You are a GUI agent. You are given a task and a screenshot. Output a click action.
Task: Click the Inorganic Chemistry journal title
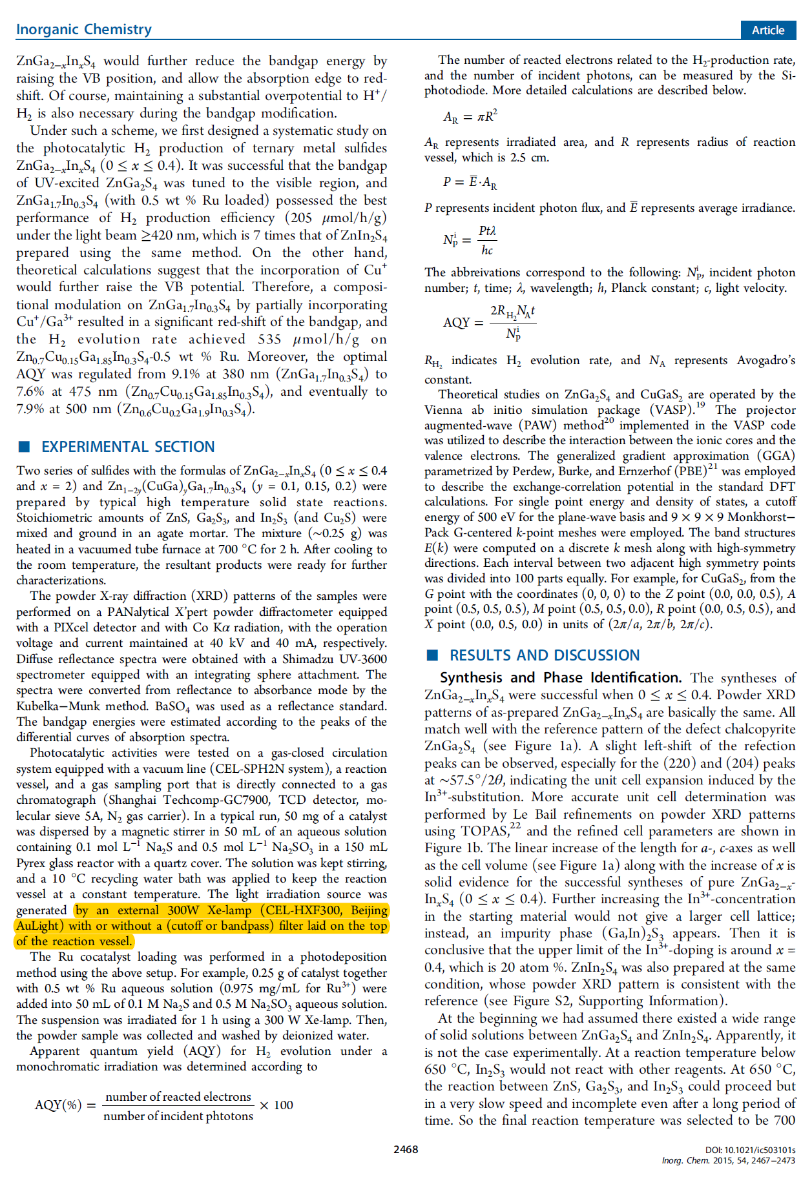tap(84, 29)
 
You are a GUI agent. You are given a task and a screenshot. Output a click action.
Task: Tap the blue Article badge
tap(767, 30)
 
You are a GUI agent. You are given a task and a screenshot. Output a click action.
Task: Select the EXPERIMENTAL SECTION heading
tap(128, 447)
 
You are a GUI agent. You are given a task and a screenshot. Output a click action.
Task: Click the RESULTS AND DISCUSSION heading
tap(545, 655)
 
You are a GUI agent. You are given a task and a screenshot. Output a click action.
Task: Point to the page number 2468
tap(406, 1149)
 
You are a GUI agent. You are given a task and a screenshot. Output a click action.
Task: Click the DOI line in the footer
tap(751, 1150)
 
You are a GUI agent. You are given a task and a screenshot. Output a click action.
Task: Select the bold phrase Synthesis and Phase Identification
tap(560, 677)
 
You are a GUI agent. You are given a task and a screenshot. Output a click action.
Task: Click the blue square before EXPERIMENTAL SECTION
tap(25, 447)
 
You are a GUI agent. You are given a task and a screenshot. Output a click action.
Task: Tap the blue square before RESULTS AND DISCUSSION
tap(433, 655)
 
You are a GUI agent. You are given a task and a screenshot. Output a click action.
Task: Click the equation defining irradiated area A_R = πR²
tap(470, 117)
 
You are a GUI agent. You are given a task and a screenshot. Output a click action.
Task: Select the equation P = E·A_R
tap(470, 183)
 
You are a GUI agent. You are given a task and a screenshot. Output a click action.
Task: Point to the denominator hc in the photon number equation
tap(487, 251)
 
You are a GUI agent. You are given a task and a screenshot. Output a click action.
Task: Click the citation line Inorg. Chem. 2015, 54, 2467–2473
tap(729, 1161)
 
